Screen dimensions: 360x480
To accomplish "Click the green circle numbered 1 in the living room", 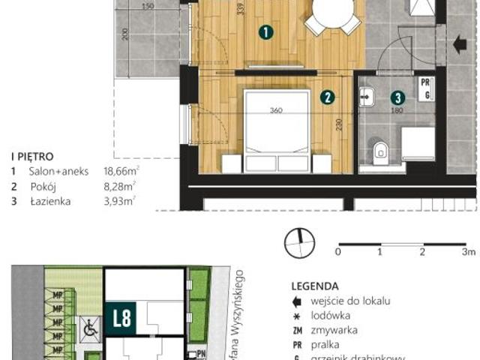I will pos(264,32).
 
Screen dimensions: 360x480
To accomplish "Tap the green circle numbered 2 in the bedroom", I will pos(326,96).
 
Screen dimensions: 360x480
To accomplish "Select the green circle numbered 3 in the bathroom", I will pos(397,97).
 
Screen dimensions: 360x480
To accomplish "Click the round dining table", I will pos(333,12).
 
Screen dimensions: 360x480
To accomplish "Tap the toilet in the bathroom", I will pos(380,151).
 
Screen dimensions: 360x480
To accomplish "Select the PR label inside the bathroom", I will pos(424,83).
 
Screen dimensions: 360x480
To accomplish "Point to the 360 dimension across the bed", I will pos(277,111).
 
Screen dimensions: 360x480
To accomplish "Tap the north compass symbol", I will pos(298,241).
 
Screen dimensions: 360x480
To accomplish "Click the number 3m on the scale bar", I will pos(468,253).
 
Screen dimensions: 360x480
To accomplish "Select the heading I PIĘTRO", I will pos(31,157).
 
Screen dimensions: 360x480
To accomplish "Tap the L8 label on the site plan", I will pos(121,317).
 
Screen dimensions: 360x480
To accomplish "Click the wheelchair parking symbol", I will pos(89,326).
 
